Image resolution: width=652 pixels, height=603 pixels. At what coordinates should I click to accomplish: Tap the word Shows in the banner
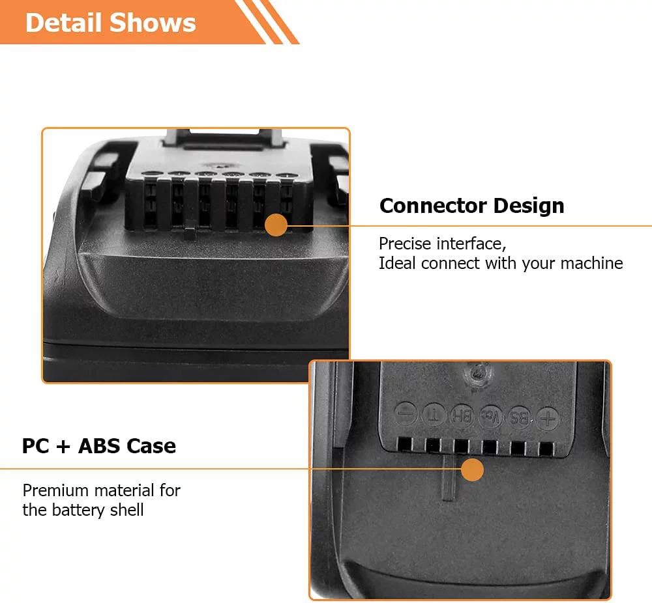(153, 22)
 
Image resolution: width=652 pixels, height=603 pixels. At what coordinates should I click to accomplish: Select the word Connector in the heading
(433, 206)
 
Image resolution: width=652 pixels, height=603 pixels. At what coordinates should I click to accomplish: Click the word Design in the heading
(529, 206)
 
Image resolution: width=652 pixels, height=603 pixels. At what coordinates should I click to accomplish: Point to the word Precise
(405, 244)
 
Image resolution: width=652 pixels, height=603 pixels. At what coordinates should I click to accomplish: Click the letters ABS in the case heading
(99, 446)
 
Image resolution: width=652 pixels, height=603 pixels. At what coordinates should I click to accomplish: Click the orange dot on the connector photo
(276, 225)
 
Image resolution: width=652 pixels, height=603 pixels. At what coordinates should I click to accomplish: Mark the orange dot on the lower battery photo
(472, 470)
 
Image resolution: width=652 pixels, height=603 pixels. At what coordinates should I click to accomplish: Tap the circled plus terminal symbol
(548, 418)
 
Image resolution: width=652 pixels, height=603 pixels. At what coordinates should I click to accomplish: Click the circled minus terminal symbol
(406, 414)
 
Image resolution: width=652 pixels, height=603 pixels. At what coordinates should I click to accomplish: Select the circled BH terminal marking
(462, 415)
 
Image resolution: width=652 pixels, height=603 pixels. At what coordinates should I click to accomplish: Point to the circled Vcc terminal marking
(491, 416)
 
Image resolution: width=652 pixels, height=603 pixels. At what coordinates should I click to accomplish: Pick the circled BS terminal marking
(520, 417)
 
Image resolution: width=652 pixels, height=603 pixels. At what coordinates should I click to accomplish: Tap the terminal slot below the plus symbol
(546, 448)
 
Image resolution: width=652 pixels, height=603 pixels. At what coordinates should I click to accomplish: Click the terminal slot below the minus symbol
(405, 444)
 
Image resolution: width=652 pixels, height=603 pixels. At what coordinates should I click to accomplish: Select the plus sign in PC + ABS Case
(63, 447)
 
